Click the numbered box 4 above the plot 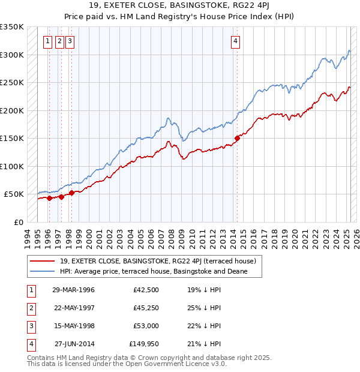(236, 41)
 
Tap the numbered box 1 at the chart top (47, 41)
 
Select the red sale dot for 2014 (237, 138)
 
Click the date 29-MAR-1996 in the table (73, 290)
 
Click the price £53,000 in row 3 (146, 326)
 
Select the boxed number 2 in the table (31, 308)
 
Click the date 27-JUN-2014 (74, 344)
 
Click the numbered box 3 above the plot (70, 41)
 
